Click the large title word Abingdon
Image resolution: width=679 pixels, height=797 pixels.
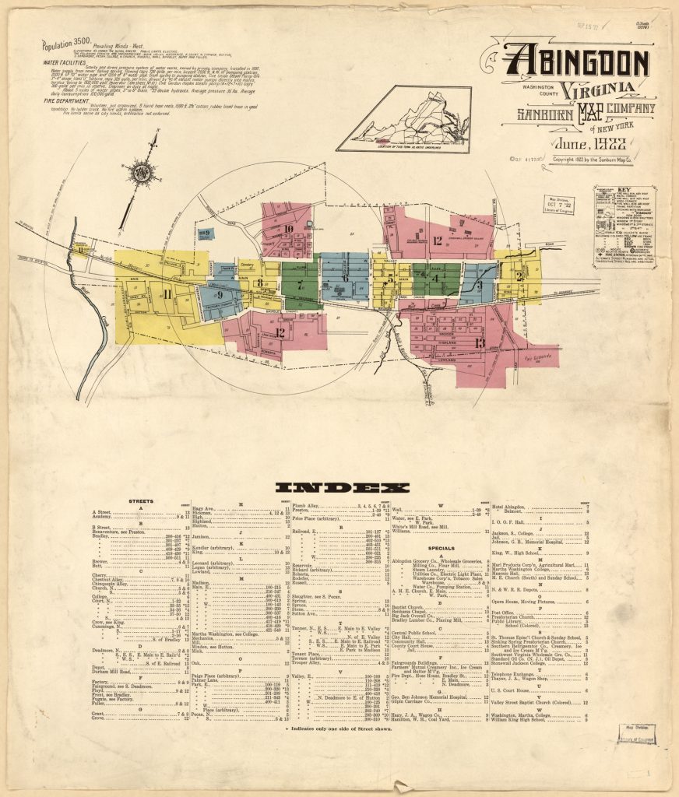tap(576, 62)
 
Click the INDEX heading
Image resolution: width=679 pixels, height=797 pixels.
tap(342, 488)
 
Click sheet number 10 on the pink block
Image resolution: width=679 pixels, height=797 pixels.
tap(287, 229)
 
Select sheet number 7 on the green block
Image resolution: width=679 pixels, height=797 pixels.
tap(300, 285)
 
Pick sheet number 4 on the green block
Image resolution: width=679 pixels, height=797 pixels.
tap(436, 278)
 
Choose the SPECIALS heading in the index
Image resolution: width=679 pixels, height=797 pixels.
tap(441, 548)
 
